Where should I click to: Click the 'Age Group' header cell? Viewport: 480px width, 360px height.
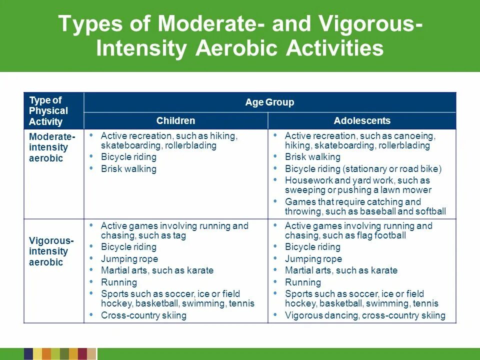point(269,102)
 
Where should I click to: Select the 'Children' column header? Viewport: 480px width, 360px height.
point(175,120)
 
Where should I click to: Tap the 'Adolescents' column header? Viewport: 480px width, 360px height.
point(362,120)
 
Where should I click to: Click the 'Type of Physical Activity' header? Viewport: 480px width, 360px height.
point(48,110)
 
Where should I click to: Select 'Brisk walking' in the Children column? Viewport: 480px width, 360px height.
point(128,169)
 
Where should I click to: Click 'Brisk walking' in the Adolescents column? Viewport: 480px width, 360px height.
point(312,157)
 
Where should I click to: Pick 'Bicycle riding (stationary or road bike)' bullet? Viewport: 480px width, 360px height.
point(363,169)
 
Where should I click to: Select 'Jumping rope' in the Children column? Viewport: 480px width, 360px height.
point(129,259)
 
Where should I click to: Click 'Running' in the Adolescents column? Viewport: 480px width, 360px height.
point(302,282)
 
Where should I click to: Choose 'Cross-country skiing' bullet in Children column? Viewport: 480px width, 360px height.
point(143,315)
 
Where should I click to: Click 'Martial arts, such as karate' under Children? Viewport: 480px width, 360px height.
point(157,270)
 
